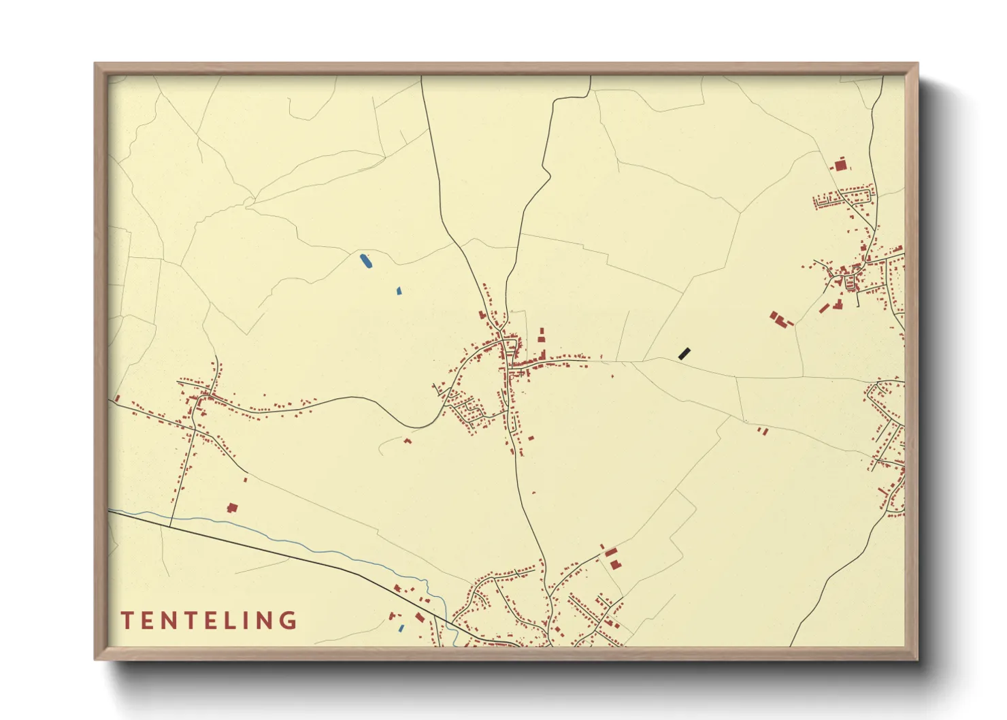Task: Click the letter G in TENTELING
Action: [289, 621]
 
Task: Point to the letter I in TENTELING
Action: [244, 621]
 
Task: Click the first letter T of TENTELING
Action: [127, 621]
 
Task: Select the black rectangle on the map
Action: [684, 353]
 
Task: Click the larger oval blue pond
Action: [365, 260]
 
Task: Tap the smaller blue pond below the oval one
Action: [399, 291]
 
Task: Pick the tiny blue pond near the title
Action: [401, 628]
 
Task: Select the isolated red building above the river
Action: [233, 507]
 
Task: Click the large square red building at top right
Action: [841, 165]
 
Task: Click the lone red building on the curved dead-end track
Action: [408, 440]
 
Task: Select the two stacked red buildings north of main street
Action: [542, 334]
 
